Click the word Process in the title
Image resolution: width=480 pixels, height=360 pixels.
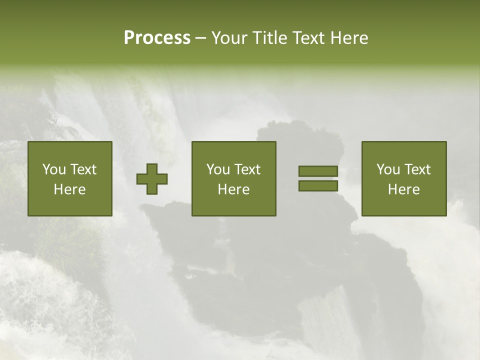[x=157, y=38]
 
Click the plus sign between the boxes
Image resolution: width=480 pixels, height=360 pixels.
[x=152, y=179]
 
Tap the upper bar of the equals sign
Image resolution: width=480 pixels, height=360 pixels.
[x=318, y=171]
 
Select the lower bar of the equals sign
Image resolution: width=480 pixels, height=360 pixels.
[x=318, y=186]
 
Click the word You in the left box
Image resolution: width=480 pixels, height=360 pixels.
[x=54, y=169]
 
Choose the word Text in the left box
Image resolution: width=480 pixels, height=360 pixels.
[x=83, y=169]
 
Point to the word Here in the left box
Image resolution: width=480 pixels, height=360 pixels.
[x=69, y=189]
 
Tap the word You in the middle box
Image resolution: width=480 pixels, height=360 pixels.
[x=218, y=169]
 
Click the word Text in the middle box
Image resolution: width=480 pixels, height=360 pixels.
[x=247, y=169]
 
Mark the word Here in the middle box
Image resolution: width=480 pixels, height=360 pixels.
[x=233, y=189]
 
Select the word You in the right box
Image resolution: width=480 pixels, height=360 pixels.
[x=388, y=169]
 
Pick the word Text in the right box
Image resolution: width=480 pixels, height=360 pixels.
[x=417, y=169]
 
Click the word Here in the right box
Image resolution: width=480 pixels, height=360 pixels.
[x=403, y=189]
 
